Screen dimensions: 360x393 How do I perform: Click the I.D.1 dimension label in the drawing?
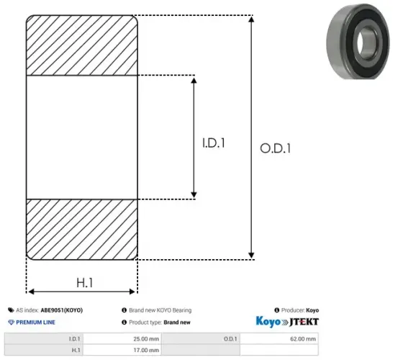pyautogui.click(x=214, y=143)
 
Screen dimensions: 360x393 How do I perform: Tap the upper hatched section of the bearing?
pyautogui.click(x=81, y=44)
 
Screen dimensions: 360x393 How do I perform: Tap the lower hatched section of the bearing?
pyautogui.click(x=81, y=228)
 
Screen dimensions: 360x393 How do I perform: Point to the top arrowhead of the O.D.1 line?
pyautogui.click(x=251, y=18)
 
